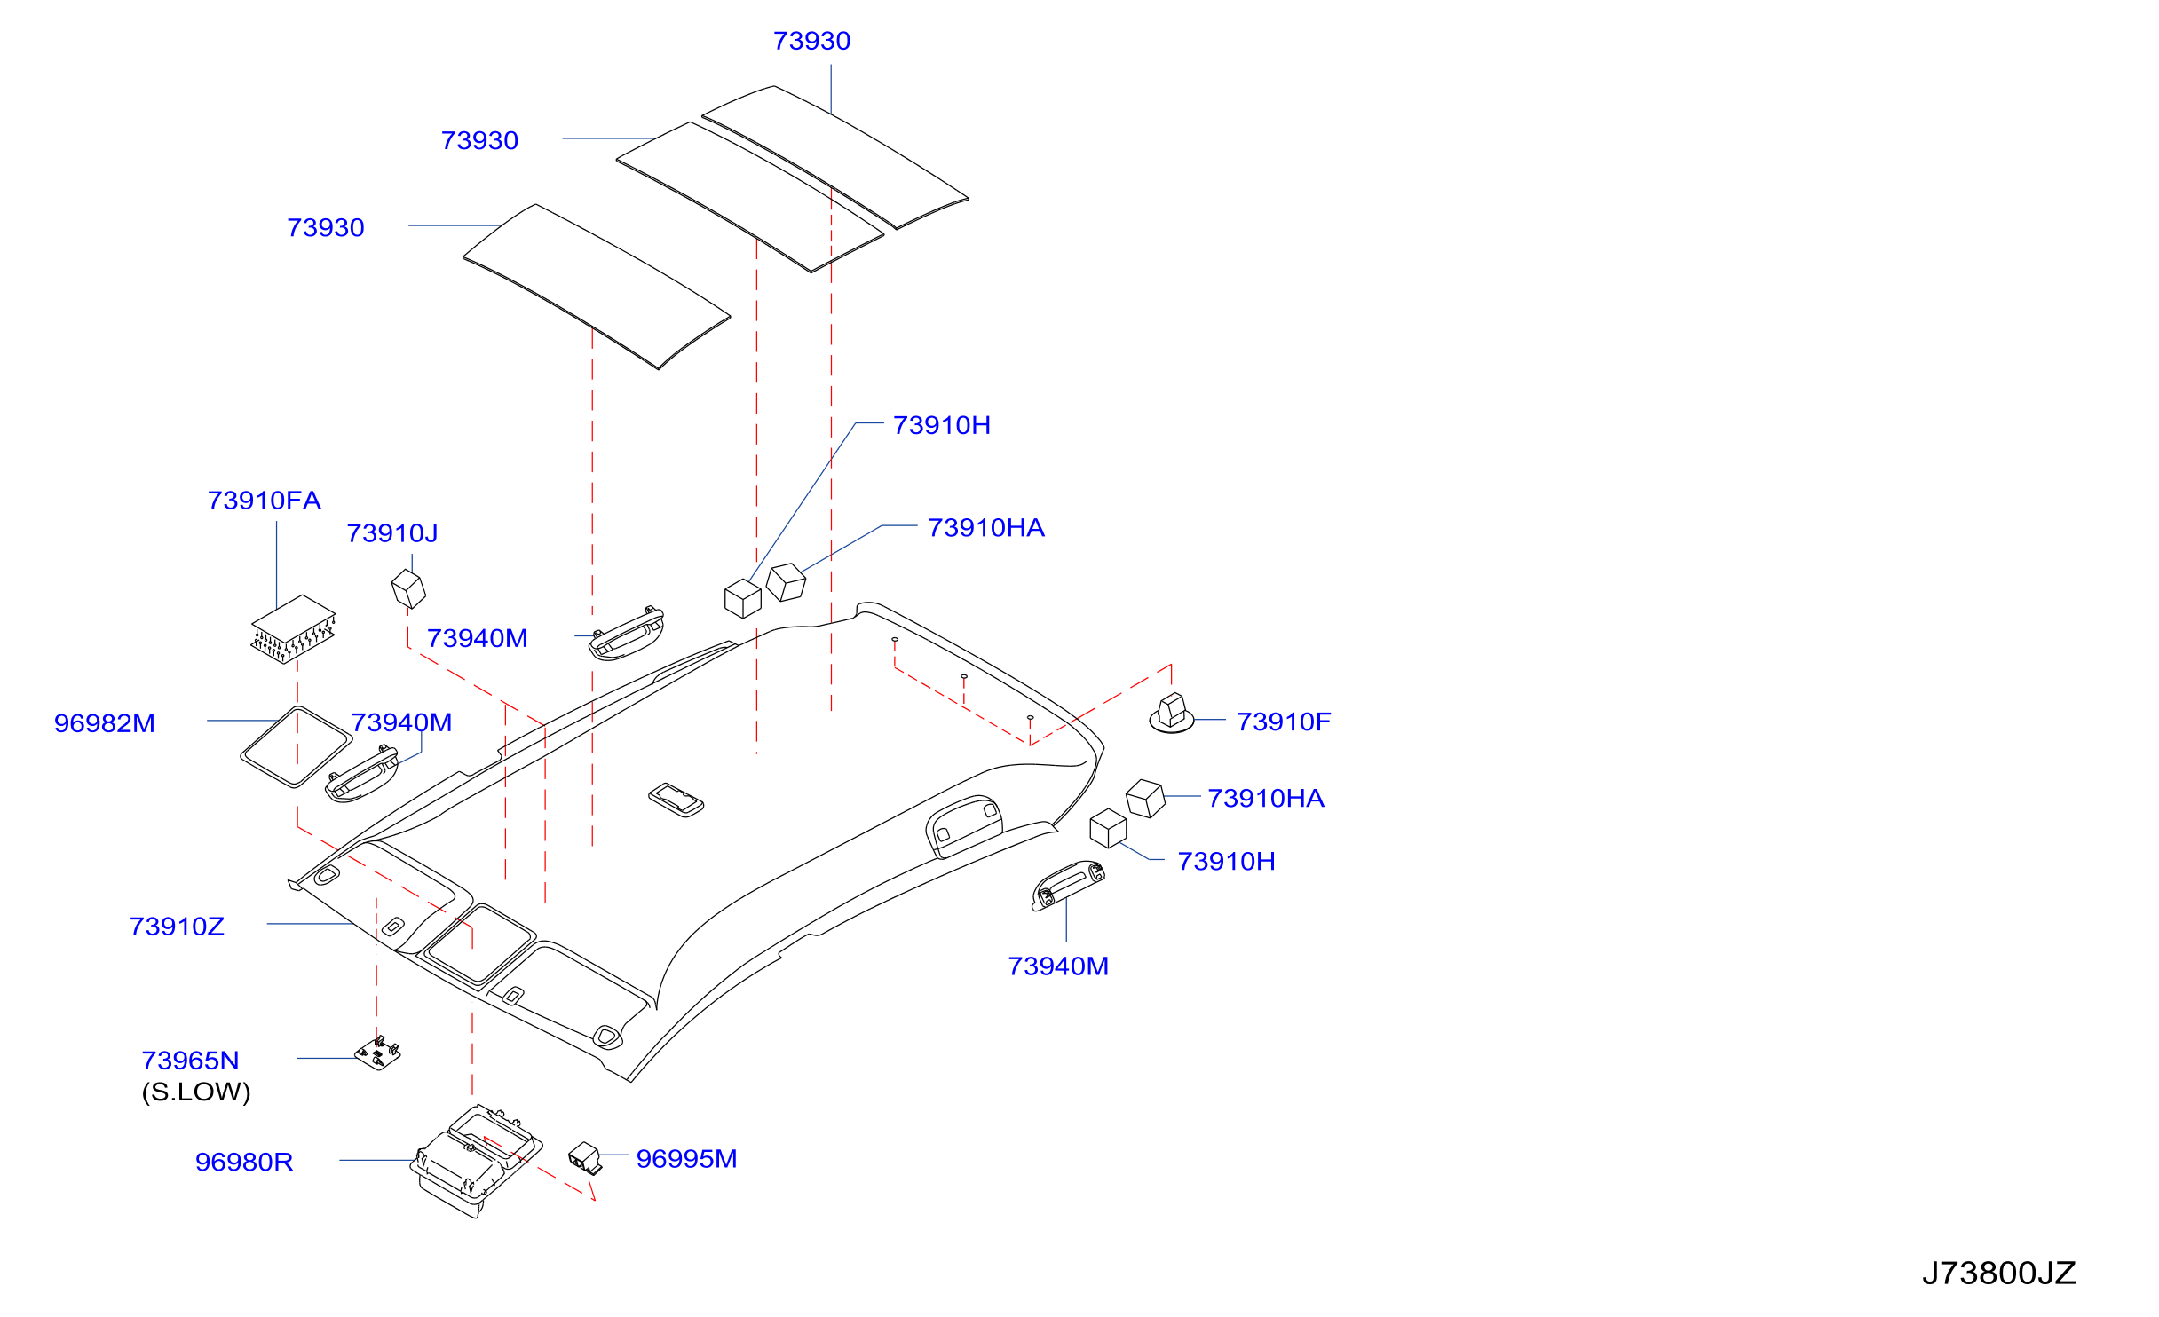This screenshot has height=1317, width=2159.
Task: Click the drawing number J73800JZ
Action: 1998,1274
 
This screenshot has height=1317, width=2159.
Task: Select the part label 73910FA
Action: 264,501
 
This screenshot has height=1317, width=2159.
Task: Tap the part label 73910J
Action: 391,533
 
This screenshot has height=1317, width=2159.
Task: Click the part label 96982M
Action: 105,723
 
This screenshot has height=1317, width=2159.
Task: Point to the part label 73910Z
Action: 177,927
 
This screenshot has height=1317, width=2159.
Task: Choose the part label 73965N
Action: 190,1061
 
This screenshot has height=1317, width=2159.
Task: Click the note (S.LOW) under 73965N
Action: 196,1092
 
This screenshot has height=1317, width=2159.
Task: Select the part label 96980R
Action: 244,1162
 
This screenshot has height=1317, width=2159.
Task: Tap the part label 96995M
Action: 686,1159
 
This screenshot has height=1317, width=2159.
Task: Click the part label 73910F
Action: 1284,722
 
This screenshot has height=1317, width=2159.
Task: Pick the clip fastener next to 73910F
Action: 1172,714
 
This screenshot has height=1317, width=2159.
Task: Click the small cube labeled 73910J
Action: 408,589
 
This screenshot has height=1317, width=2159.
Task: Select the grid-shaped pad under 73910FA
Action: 294,628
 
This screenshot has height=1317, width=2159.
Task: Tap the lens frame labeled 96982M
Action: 297,747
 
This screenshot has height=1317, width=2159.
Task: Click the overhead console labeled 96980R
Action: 476,1160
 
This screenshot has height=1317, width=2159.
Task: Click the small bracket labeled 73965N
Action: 378,1053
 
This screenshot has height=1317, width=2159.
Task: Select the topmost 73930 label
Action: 811,41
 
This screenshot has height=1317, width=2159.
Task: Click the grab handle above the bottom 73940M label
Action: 1068,885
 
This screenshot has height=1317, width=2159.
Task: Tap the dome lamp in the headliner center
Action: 676,800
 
